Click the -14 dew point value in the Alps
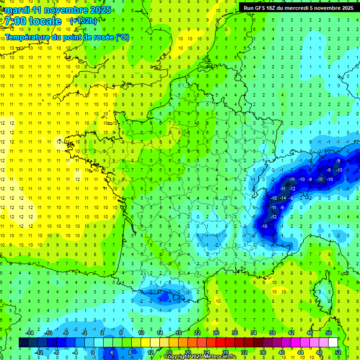(x=283, y=198)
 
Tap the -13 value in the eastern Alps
(x=340, y=170)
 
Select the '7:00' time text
(x=16, y=21)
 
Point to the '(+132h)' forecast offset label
(x=83, y=21)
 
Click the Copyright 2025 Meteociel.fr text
(x=200, y=357)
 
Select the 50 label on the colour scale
(x=329, y=333)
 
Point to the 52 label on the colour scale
(x=338, y=352)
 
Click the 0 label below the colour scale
(x=92, y=352)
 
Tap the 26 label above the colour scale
(x=216, y=333)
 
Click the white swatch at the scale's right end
(x=333, y=342)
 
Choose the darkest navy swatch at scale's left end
(x=23, y=342)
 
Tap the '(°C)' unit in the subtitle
(x=122, y=37)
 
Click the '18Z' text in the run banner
(x=272, y=8)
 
